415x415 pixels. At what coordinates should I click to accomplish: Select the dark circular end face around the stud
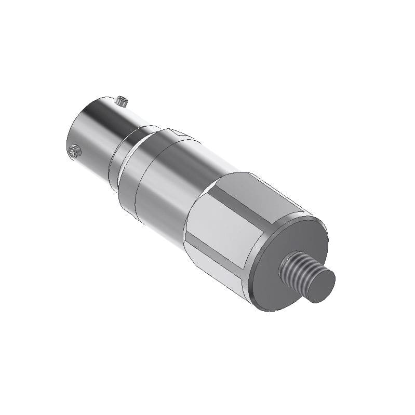coord(291,244)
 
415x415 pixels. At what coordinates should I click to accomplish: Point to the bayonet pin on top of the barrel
coord(122,100)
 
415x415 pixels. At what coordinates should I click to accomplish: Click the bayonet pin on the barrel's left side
coord(74,151)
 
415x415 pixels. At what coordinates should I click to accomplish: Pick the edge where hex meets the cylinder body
coord(188,218)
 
